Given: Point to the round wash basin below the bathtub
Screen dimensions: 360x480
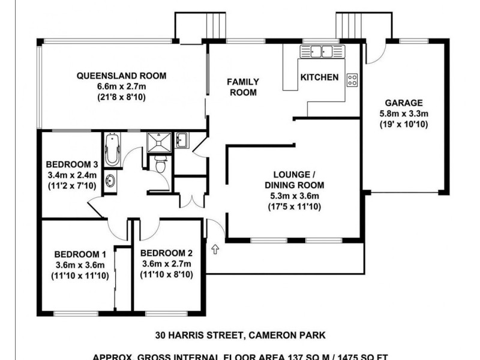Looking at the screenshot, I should coord(111,181).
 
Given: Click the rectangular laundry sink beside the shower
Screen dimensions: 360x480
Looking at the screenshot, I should coord(182,142).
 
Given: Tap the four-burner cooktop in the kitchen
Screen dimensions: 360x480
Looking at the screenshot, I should coord(352,78).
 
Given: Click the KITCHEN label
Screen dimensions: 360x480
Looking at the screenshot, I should coord(319,77).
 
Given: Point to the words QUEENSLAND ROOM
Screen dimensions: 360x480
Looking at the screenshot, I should coord(121,76).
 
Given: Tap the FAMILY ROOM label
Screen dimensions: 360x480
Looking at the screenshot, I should coord(242,87).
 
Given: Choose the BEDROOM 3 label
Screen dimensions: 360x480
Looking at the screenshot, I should coord(71,165).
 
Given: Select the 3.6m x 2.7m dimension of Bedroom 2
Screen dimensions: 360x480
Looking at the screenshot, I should coord(166,264).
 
